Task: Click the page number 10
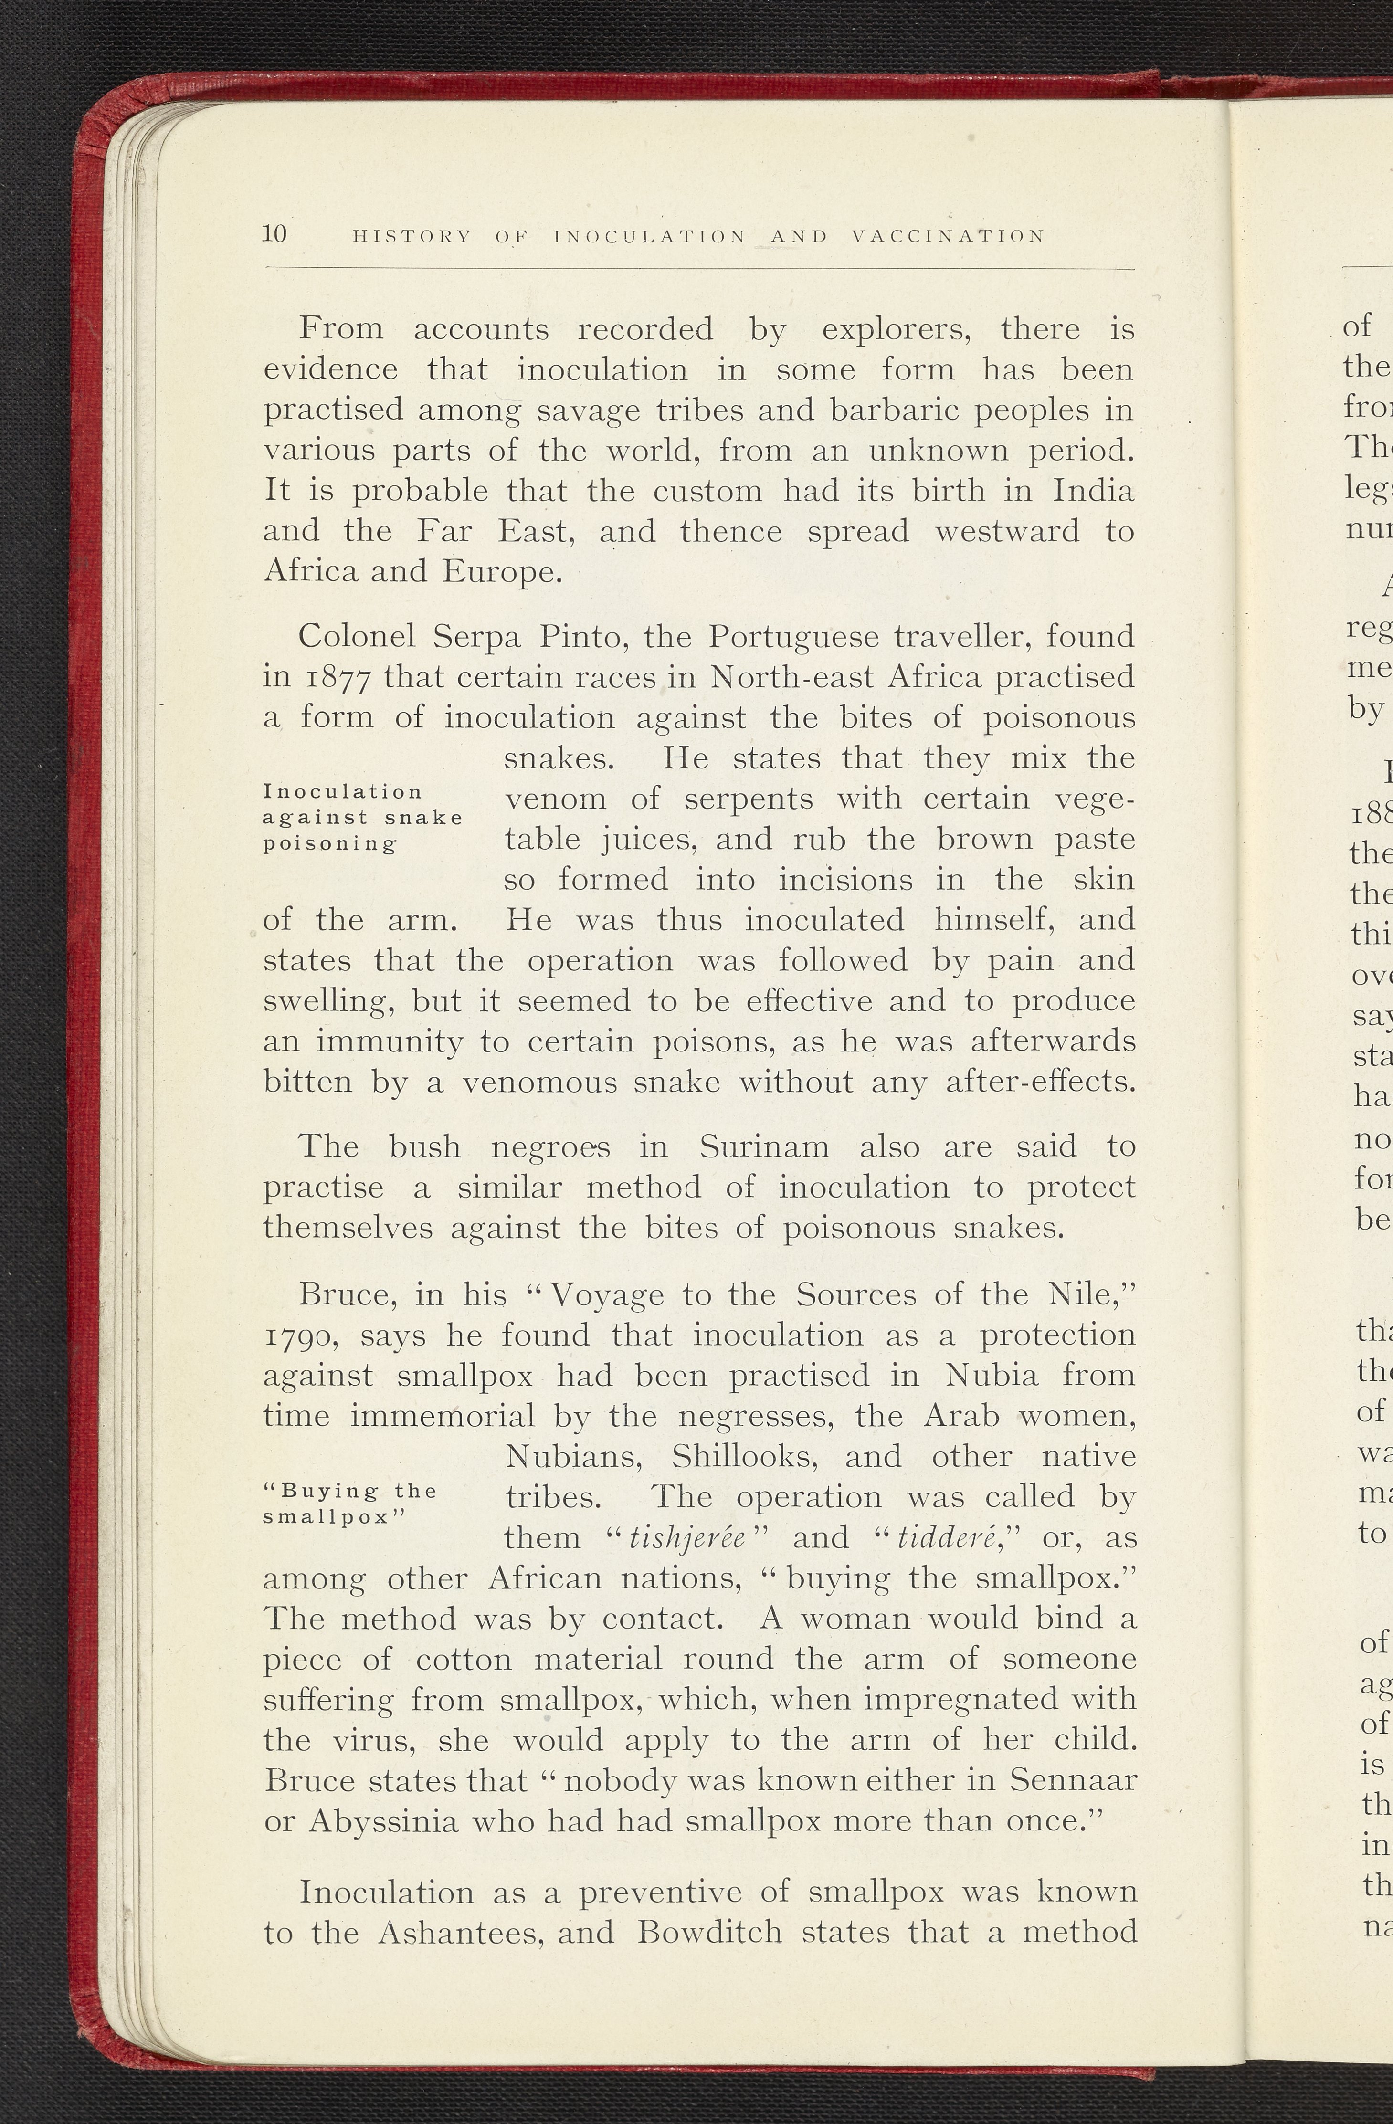tap(274, 234)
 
